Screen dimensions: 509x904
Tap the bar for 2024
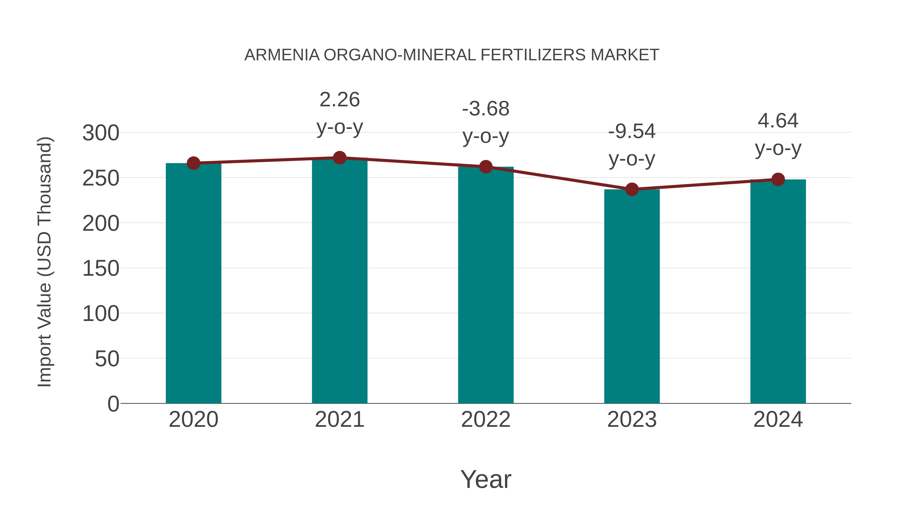(x=778, y=291)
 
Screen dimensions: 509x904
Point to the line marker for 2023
(x=632, y=189)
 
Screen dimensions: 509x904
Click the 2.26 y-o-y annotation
(x=339, y=113)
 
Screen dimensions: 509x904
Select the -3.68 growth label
(x=486, y=122)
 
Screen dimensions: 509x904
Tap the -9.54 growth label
(x=632, y=145)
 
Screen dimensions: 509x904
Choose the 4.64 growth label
(x=778, y=134)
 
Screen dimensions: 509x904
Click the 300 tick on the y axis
(x=101, y=133)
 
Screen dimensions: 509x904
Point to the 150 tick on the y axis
(x=101, y=269)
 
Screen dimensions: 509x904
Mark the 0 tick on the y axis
(x=113, y=404)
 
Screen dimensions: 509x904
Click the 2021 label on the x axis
(x=339, y=420)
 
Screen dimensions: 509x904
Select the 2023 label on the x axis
(x=632, y=420)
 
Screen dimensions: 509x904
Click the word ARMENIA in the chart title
(x=282, y=55)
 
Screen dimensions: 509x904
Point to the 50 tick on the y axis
(x=107, y=359)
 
